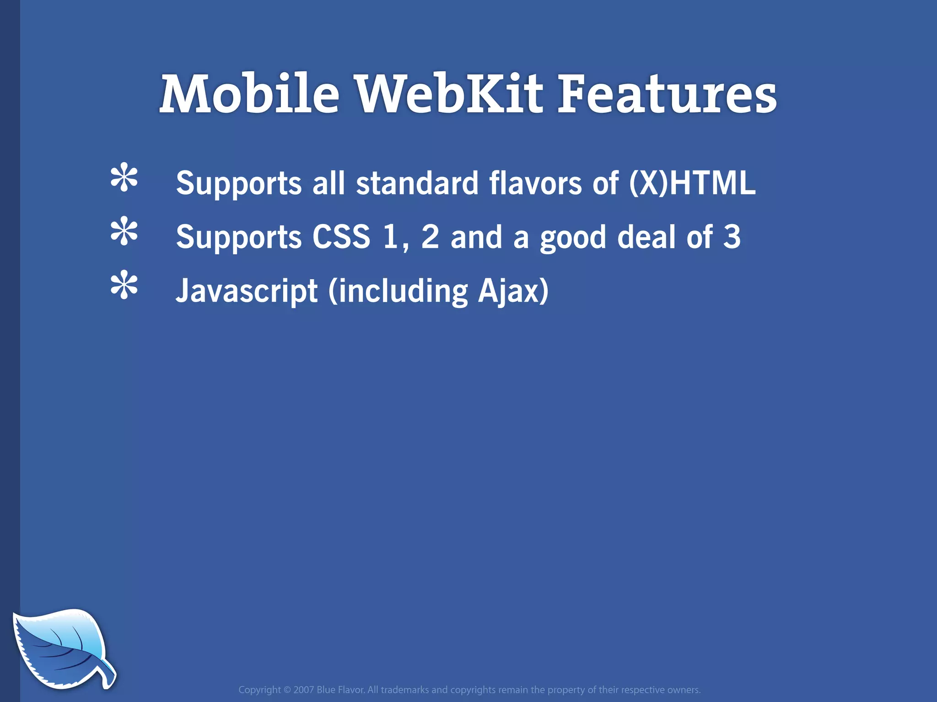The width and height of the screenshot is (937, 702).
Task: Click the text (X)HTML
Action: pos(692,183)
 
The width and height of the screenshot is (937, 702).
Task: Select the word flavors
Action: pos(535,183)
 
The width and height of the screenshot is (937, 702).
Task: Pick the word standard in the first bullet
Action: pos(417,183)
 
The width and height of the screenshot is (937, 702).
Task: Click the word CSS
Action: pos(341,237)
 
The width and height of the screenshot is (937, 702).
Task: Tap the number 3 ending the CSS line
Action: pos(732,237)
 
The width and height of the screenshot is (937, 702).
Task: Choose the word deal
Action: pos(646,237)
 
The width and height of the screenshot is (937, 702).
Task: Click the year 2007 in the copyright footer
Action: pos(304,690)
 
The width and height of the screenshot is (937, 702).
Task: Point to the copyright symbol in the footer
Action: pos(287,690)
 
